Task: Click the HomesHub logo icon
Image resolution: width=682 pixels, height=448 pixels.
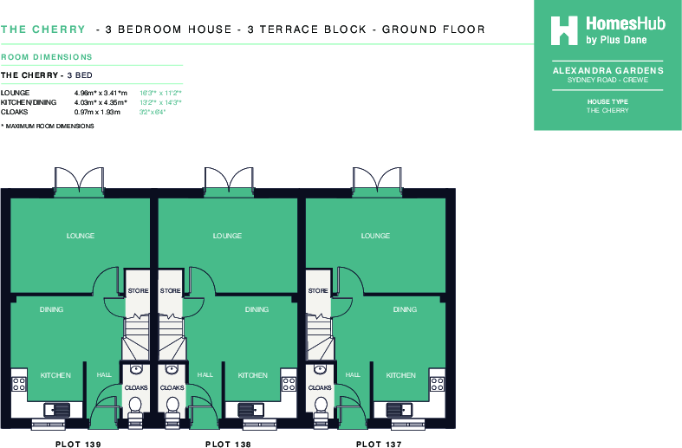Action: [x=565, y=29]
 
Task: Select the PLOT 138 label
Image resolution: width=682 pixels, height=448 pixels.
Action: [x=228, y=444]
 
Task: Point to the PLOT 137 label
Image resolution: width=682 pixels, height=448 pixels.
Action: [x=380, y=444]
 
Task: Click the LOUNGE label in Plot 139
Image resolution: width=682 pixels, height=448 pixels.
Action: [x=81, y=236]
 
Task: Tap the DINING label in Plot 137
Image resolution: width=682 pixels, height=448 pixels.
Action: [x=405, y=309]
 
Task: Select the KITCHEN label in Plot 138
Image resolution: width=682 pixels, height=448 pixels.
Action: [x=253, y=375]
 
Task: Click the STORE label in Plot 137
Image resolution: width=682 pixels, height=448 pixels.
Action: [x=319, y=291]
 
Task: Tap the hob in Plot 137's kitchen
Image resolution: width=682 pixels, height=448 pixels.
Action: [x=438, y=381]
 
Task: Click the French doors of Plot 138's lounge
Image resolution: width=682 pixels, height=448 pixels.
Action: [x=228, y=180]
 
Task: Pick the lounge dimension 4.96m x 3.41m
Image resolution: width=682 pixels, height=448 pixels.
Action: [x=101, y=93]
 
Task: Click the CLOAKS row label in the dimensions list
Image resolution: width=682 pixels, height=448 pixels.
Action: [x=15, y=112]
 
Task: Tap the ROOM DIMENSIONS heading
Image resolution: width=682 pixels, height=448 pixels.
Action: [x=47, y=57]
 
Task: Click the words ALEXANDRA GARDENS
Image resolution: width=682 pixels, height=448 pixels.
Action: [x=607, y=71]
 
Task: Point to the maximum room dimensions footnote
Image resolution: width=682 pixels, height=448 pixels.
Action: [x=48, y=127]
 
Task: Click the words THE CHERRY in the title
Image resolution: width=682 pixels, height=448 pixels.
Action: [x=42, y=29]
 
